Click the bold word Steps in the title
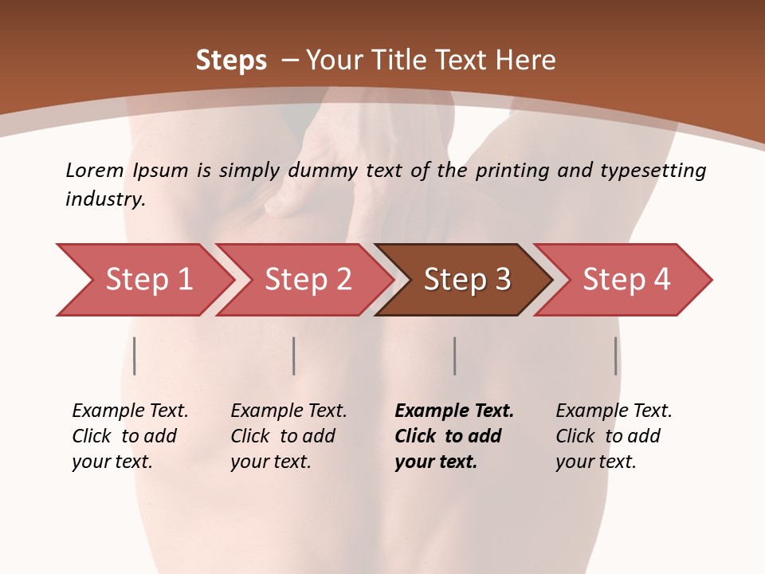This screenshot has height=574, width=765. click(231, 61)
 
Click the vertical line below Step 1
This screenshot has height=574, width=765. click(135, 356)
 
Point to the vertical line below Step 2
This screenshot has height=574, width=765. click(294, 356)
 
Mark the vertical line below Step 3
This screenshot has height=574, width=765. click(454, 356)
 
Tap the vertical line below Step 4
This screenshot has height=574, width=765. click(615, 356)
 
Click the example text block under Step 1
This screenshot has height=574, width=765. click(130, 436)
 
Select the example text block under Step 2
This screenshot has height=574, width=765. click(288, 436)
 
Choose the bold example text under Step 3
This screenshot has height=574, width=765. click(454, 436)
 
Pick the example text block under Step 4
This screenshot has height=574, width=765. click(614, 436)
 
